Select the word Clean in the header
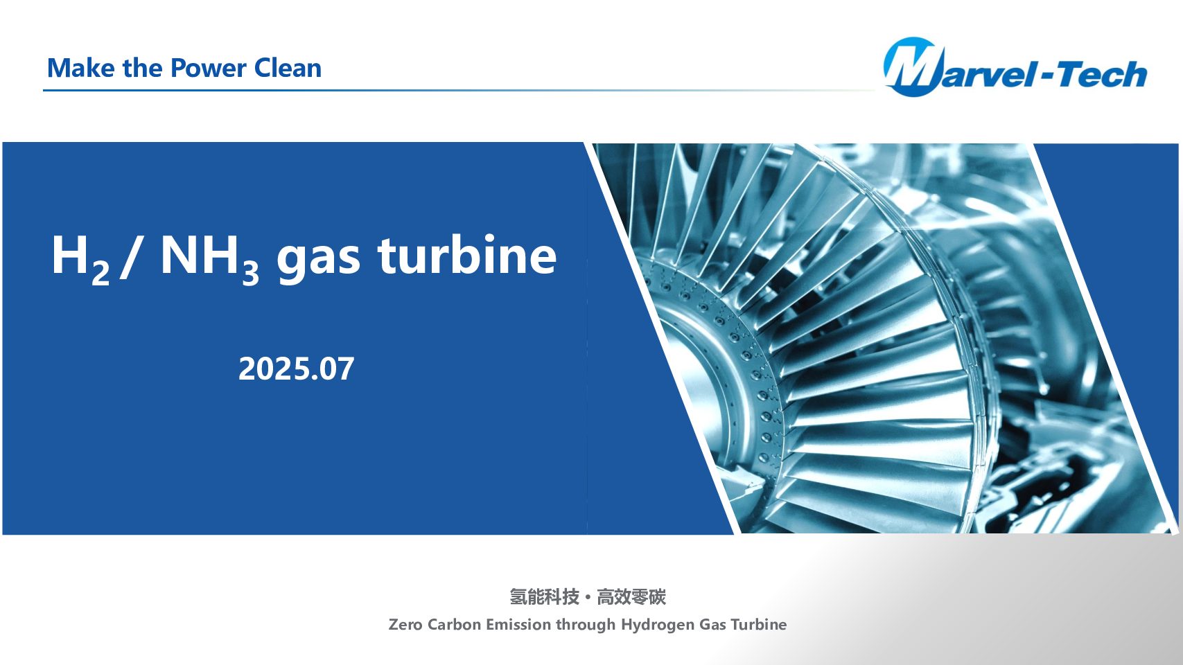click(x=288, y=68)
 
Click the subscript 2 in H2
click(x=100, y=274)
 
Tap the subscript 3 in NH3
click(x=250, y=274)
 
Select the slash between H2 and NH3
click(x=130, y=257)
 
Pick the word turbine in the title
click(x=467, y=255)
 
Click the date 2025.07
click(x=297, y=369)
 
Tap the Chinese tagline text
click(x=587, y=597)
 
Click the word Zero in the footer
click(x=405, y=624)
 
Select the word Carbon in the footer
click(x=454, y=624)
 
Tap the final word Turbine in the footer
click(x=759, y=624)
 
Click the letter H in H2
click(x=70, y=255)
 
